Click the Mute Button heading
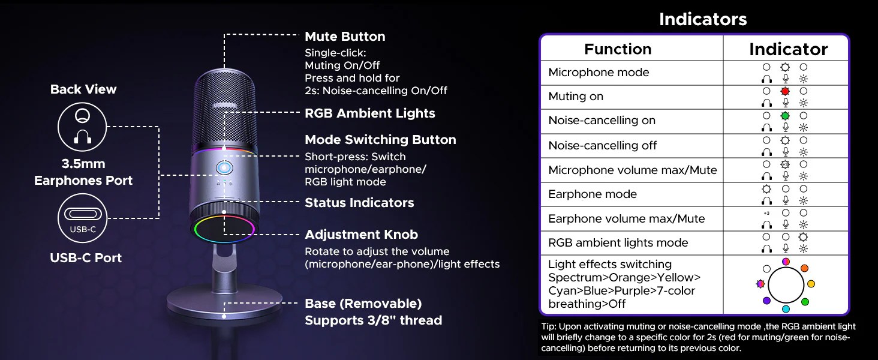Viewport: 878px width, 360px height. coord(345,37)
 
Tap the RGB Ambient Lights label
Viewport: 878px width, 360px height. coord(370,113)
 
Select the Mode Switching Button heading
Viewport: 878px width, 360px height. coord(381,140)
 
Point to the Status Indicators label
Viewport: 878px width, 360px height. coord(359,202)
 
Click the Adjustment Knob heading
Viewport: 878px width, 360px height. coord(362,235)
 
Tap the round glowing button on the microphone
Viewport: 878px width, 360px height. coord(224,168)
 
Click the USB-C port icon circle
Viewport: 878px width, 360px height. coord(82,218)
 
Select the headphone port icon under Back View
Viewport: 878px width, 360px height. coord(82,127)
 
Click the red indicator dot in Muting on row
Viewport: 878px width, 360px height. coord(784,91)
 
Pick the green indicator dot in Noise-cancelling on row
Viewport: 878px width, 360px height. coord(784,116)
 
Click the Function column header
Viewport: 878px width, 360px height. coord(618,49)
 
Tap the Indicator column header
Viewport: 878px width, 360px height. coord(788,49)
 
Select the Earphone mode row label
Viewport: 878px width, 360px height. coord(593,194)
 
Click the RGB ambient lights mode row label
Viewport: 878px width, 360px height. coord(618,243)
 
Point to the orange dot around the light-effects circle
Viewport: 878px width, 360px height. coord(804,268)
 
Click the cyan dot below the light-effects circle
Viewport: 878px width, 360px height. coord(786,309)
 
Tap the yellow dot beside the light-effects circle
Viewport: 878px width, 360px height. coord(811,284)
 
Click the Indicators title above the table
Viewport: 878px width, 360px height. coord(703,19)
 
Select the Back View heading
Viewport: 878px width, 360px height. coord(83,89)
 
